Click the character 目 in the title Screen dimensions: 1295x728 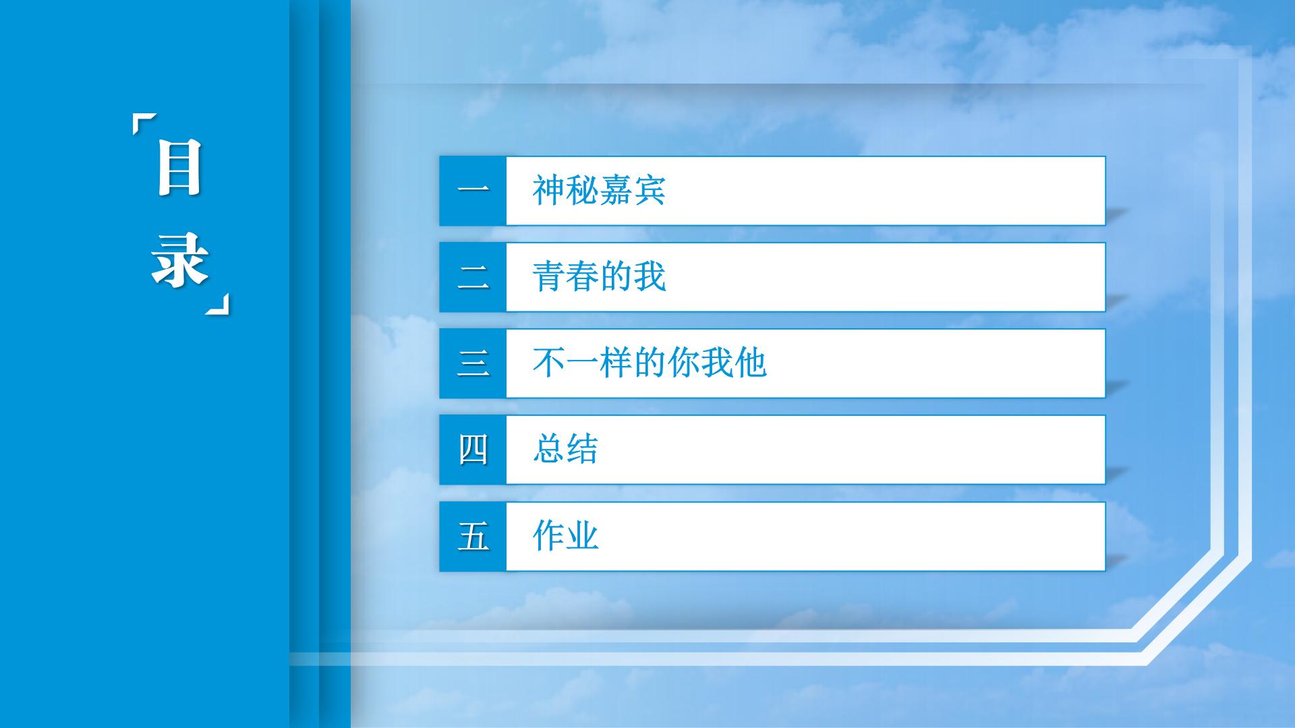(x=179, y=167)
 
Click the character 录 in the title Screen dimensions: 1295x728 (x=179, y=260)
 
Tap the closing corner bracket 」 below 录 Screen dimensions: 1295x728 (x=217, y=303)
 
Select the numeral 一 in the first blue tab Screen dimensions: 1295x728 (x=473, y=189)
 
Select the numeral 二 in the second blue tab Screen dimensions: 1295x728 (x=473, y=277)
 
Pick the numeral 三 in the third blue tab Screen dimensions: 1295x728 (x=473, y=363)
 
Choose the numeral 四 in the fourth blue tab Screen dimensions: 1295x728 (x=473, y=450)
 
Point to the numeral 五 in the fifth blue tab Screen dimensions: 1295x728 (x=473, y=537)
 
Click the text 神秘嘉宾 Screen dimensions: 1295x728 (x=599, y=190)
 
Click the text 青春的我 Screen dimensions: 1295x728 (x=599, y=276)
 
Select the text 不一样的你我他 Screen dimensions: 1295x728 (x=650, y=363)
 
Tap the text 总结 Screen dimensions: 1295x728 (x=565, y=449)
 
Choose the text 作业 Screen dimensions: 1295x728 (x=565, y=536)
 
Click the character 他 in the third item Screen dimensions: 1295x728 (x=751, y=363)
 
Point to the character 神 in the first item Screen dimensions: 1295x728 (x=548, y=190)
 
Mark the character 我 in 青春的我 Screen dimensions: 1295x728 (x=650, y=276)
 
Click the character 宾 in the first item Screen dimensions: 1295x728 (x=650, y=190)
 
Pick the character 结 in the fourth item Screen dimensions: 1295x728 (x=582, y=449)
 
